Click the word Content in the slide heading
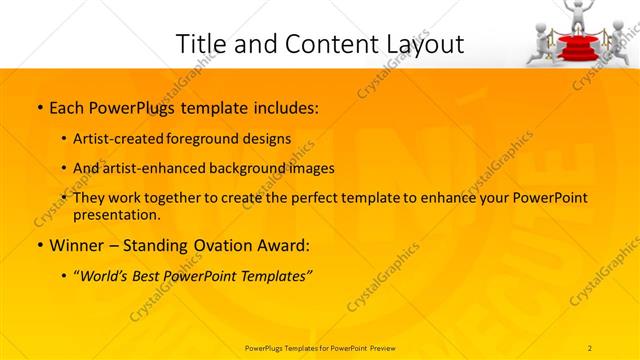click(317, 44)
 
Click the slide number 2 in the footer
click(590, 347)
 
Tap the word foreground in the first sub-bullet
click(211, 138)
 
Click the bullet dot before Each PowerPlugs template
click(38, 107)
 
